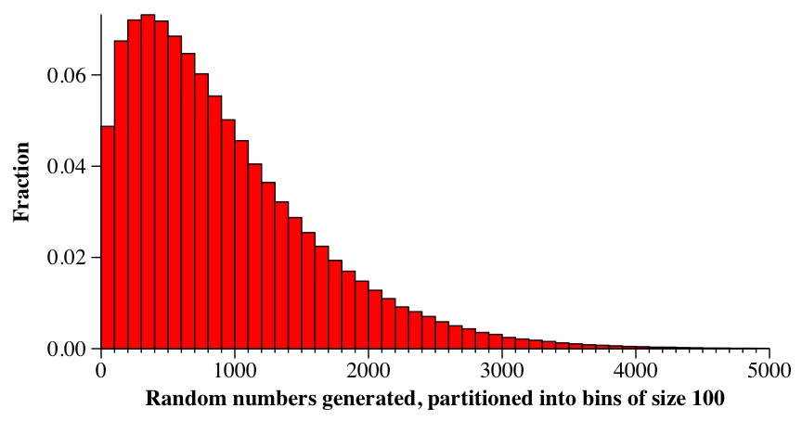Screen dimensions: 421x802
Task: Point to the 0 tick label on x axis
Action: point(101,371)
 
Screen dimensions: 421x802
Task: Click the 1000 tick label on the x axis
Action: point(235,371)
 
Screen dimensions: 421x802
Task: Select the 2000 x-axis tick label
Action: point(369,371)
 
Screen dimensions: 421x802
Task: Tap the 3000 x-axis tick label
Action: point(502,371)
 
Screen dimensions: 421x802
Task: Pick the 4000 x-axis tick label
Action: point(636,371)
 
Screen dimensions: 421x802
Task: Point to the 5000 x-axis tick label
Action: point(770,371)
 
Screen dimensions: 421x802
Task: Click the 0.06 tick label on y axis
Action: point(67,75)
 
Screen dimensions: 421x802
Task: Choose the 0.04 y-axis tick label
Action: point(67,167)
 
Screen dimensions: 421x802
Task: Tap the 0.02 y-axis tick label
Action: point(67,258)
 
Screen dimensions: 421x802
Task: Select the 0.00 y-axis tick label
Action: point(67,350)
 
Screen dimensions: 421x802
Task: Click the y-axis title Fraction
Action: point(21,182)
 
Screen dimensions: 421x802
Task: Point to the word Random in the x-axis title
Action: point(179,400)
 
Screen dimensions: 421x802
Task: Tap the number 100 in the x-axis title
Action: point(707,400)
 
